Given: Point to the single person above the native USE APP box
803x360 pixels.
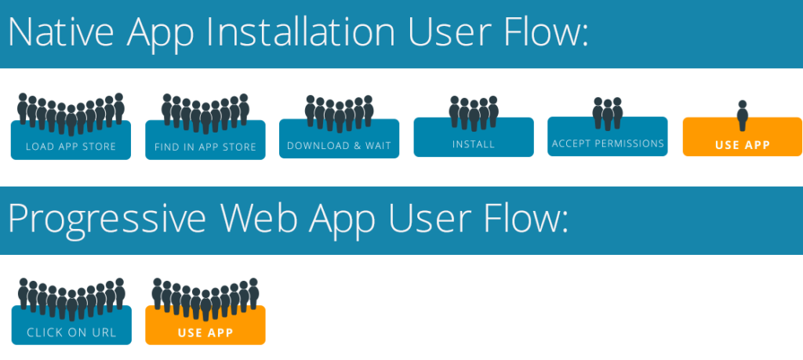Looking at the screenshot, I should tap(743, 115).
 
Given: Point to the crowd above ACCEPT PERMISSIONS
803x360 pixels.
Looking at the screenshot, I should tap(608, 113).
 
